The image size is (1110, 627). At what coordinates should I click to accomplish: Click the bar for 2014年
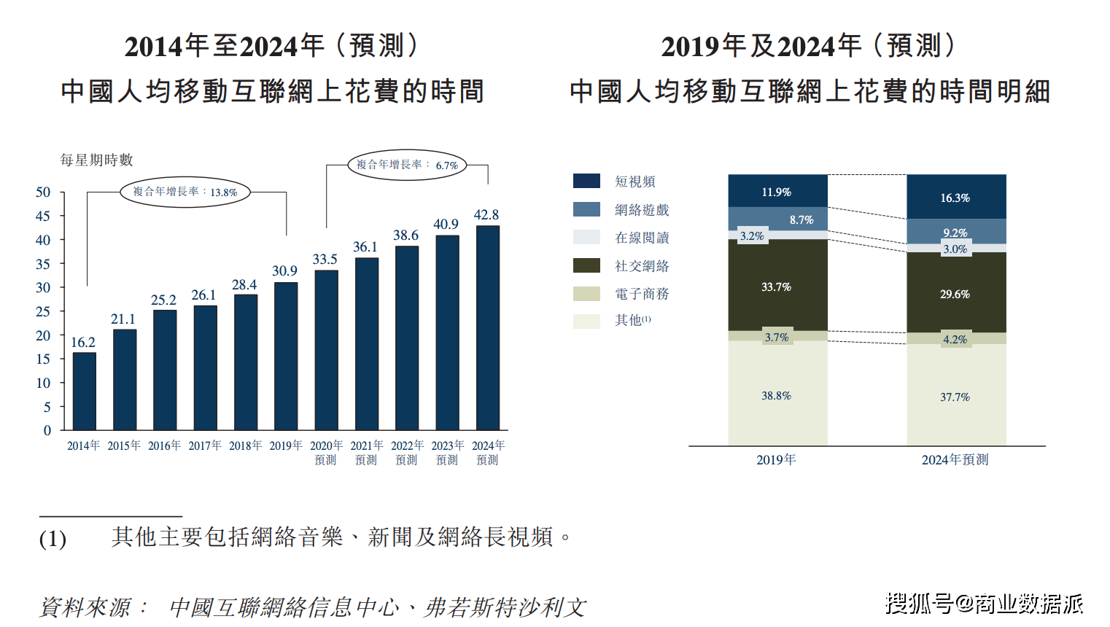click(x=84, y=392)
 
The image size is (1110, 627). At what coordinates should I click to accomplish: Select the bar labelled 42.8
click(x=487, y=328)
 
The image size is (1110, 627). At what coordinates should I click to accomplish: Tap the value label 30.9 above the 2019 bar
click(x=284, y=271)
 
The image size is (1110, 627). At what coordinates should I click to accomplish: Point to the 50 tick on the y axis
click(x=43, y=192)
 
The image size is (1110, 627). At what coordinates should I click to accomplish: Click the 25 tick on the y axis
click(x=43, y=311)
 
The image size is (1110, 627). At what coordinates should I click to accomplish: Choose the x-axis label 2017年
click(x=204, y=445)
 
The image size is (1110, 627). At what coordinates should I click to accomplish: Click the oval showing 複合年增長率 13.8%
click(x=185, y=192)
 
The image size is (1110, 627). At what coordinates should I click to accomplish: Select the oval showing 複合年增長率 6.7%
click(x=407, y=165)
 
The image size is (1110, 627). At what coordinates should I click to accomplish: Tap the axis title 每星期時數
click(x=96, y=160)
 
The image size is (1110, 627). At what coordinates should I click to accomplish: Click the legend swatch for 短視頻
click(x=586, y=182)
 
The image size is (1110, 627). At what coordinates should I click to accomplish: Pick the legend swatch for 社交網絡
click(x=586, y=266)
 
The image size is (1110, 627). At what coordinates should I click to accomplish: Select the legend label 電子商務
click(x=642, y=294)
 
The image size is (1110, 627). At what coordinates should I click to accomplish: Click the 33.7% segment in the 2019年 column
click(x=777, y=287)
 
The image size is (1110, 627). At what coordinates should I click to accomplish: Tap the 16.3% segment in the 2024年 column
click(x=955, y=198)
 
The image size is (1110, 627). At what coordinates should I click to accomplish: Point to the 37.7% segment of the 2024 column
click(x=955, y=397)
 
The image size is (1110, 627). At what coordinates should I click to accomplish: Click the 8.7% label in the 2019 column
click(x=801, y=219)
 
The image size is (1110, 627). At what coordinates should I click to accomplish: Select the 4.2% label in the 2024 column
click(x=955, y=339)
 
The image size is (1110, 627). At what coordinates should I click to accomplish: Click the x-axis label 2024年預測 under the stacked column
click(x=955, y=460)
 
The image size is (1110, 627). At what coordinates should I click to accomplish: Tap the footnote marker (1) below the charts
click(x=53, y=539)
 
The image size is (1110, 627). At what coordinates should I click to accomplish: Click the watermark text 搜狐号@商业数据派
click(x=984, y=603)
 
